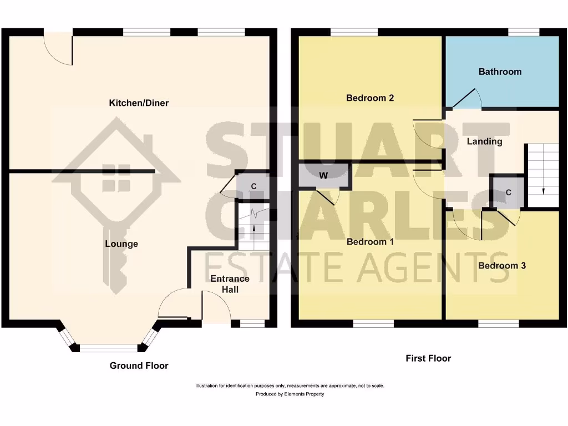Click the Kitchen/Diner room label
139,103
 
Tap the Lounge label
121,244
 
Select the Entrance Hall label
230,284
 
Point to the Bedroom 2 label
370,98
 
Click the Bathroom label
500,72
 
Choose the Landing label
484,141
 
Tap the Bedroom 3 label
502,266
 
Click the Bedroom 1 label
370,242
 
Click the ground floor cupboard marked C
253,186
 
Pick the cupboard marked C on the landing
508,193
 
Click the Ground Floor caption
139,366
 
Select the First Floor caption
428,358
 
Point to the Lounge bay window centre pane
109,348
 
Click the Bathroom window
524,33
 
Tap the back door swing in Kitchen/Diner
58,49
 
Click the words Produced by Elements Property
290,394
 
